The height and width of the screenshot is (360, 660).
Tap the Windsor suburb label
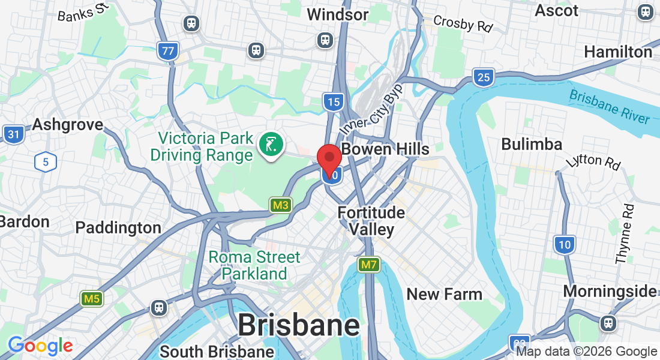tap(337, 14)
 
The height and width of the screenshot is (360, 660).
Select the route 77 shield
tap(168, 50)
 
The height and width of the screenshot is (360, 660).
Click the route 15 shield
tap(332, 101)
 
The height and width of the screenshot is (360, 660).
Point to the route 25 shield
tap(482, 76)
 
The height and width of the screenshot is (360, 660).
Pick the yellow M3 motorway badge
tap(280, 205)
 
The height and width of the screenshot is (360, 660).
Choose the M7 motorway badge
tap(369, 264)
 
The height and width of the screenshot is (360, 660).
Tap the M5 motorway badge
tap(92, 298)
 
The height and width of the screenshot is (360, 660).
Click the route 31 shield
tap(13, 133)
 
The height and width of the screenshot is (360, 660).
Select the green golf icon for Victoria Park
tap(271, 145)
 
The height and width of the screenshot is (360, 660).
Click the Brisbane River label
tap(609, 106)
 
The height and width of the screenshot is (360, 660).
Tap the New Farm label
tap(445, 294)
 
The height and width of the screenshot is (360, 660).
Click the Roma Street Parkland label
tap(254, 265)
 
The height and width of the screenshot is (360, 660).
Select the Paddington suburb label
tap(118, 228)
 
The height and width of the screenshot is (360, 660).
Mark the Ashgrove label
tap(67, 124)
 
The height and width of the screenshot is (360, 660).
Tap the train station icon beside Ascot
tap(646, 12)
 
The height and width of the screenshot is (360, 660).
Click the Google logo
tap(40, 346)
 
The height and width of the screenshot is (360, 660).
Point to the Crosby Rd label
tap(463, 24)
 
